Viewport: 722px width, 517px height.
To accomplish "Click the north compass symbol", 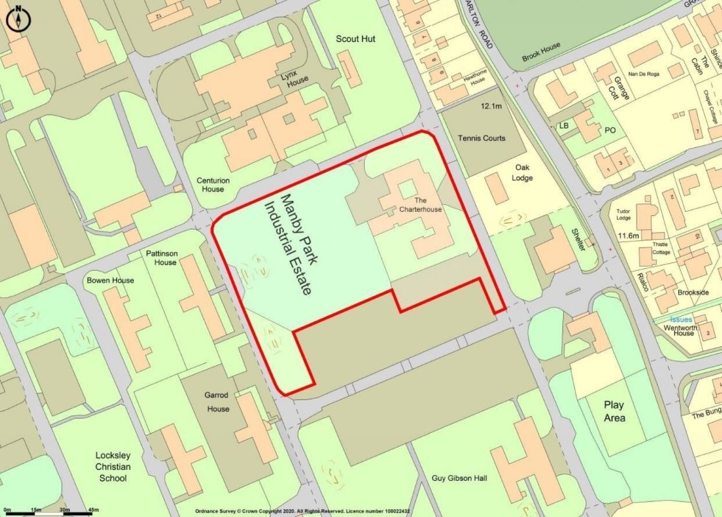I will point(18,19).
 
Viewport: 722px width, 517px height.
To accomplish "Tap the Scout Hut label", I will point(355,39).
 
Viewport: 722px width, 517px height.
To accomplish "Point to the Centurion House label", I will point(213,185).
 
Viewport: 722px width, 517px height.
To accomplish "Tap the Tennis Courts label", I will point(482,138).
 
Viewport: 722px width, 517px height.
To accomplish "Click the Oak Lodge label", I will point(523,173).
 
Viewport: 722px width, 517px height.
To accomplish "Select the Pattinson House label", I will point(161,258).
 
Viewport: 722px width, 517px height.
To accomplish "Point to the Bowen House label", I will point(110,280).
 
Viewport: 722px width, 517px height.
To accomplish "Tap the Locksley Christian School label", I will point(112,467).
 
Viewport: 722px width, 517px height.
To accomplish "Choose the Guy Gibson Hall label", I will point(460,479).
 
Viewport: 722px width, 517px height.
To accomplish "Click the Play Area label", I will point(614,412).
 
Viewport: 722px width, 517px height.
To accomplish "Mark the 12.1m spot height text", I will point(491,105).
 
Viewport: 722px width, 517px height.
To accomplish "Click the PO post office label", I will point(610,130).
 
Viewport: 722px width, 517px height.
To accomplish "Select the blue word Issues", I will point(681,320).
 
